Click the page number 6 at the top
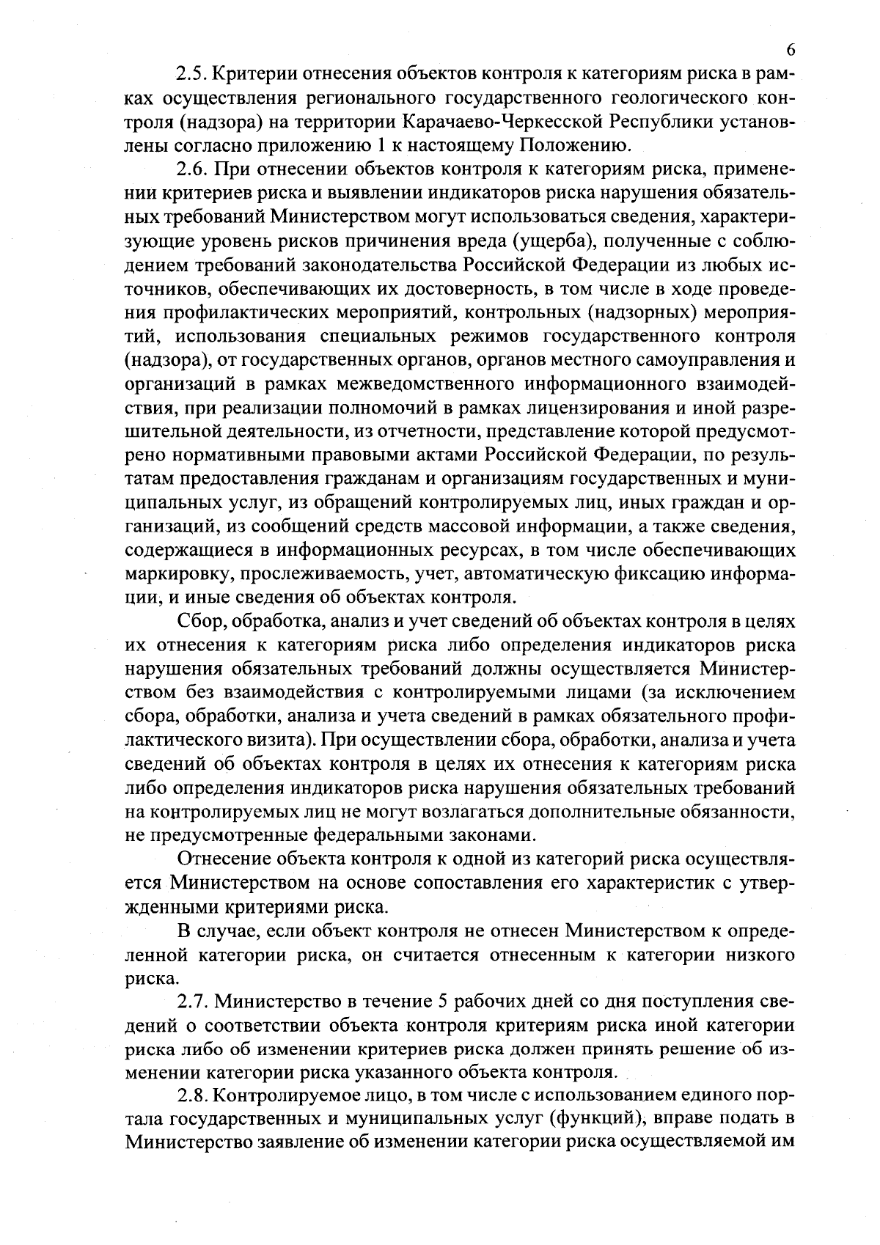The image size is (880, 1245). coord(790,50)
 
